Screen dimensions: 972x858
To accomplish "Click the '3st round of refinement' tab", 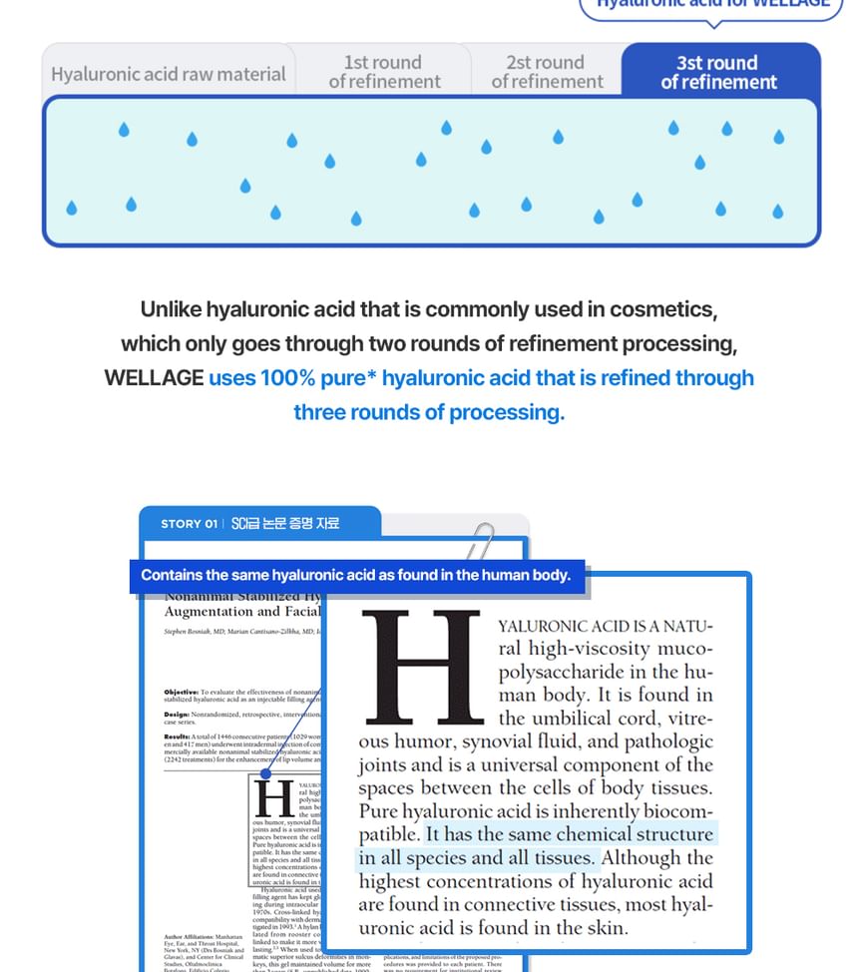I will [x=718, y=72].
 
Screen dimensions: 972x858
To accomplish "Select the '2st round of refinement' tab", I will [x=547, y=72].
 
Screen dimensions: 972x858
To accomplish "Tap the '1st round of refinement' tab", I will [x=384, y=72].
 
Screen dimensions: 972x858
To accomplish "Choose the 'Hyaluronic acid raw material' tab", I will [x=168, y=74].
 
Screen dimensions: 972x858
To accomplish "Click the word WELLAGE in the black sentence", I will [x=153, y=378].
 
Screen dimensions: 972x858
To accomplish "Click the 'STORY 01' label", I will [x=189, y=523].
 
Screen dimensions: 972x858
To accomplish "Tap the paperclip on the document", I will [x=483, y=544].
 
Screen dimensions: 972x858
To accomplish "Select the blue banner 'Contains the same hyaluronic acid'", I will [x=355, y=575].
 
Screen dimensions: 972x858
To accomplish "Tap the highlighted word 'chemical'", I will [x=600, y=834].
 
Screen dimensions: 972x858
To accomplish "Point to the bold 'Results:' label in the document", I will [x=177, y=735].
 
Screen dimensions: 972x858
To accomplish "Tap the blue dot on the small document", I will [x=265, y=773].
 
